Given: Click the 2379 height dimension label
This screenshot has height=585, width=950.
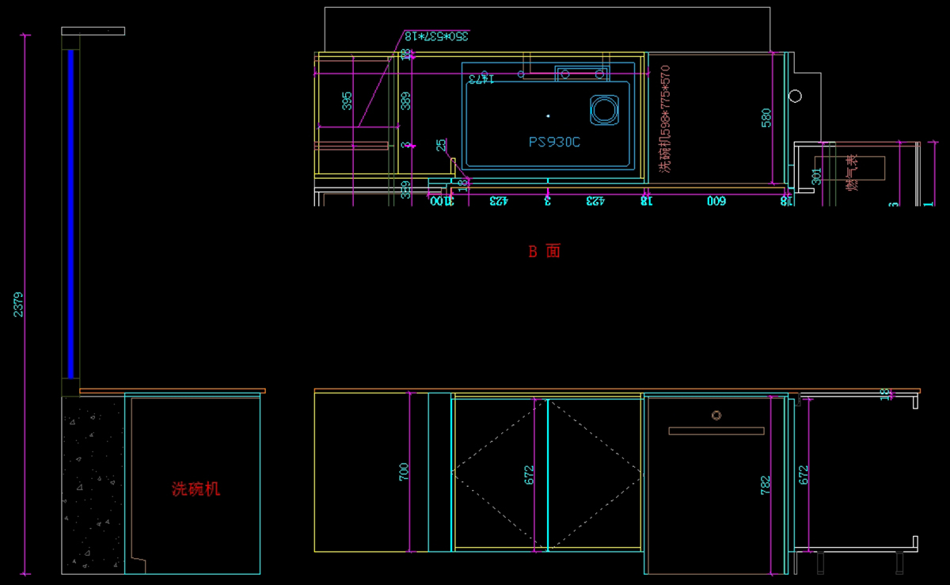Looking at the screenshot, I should click(18, 304).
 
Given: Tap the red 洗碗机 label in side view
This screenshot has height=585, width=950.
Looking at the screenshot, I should click(196, 489).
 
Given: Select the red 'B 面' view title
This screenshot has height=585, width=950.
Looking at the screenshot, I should click(545, 251).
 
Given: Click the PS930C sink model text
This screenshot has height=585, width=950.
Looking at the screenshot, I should click(554, 142).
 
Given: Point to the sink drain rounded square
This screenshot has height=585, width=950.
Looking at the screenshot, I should click(603, 110).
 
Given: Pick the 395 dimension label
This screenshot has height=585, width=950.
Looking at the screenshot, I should click(347, 101).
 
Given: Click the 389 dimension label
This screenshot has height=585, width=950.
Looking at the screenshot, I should click(405, 101).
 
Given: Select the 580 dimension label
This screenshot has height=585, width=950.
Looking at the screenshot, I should click(766, 117).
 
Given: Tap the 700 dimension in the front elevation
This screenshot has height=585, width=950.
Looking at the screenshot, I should click(404, 473).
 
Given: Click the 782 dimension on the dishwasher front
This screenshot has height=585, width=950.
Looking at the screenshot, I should click(765, 485).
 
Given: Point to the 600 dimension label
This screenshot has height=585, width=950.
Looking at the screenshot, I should click(716, 201).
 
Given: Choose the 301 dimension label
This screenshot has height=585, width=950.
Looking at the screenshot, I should click(816, 177).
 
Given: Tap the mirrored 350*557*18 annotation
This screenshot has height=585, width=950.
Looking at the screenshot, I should click(436, 36).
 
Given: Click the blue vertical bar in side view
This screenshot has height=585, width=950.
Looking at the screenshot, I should click(70, 214).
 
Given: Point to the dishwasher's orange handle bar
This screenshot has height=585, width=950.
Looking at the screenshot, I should click(716, 431).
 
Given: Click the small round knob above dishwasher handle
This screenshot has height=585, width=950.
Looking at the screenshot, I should click(716, 415).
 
